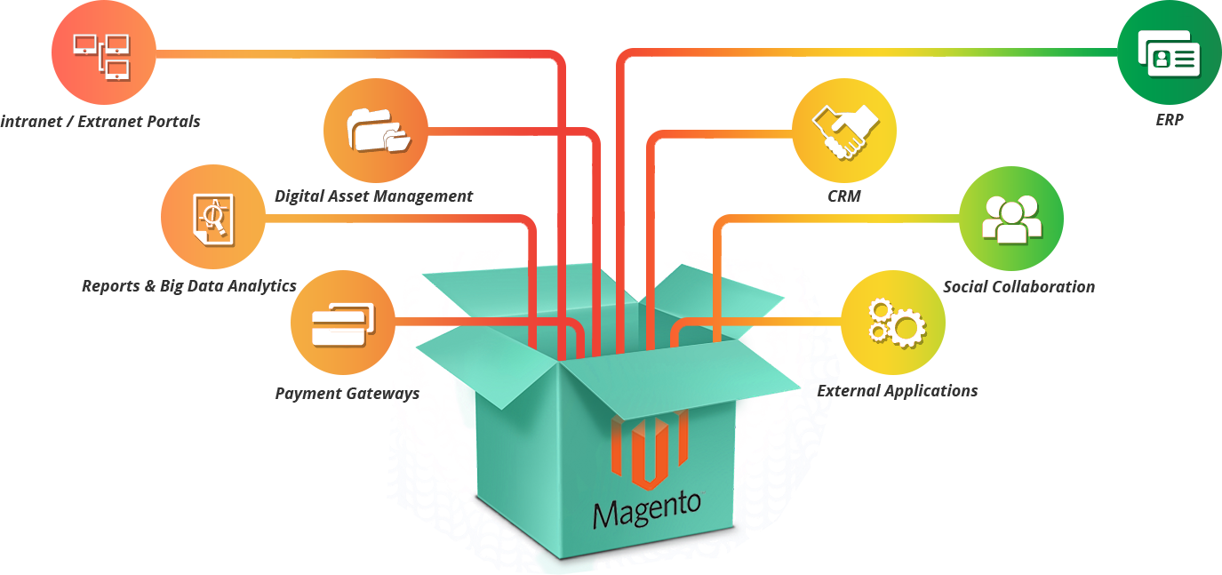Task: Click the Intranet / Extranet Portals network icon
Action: (x=102, y=56)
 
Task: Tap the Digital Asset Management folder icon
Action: (x=379, y=130)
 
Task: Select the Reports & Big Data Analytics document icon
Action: (x=213, y=219)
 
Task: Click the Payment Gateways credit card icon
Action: (x=342, y=325)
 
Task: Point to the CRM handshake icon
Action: (x=844, y=132)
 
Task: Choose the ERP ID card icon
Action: (x=1169, y=54)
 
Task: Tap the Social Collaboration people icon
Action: (x=1011, y=219)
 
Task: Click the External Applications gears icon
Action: (x=897, y=323)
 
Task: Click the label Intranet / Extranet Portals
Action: (x=100, y=122)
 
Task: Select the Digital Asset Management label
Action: (x=373, y=196)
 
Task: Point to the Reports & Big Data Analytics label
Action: (x=189, y=286)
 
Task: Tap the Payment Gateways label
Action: (x=347, y=394)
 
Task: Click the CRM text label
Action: (x=844, y=196)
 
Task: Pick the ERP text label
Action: (x=1170, y=120)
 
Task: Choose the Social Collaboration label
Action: (x=1018, y=287)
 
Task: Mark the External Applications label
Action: (x=898, y=391)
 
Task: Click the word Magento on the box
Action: (x=646, y=510)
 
